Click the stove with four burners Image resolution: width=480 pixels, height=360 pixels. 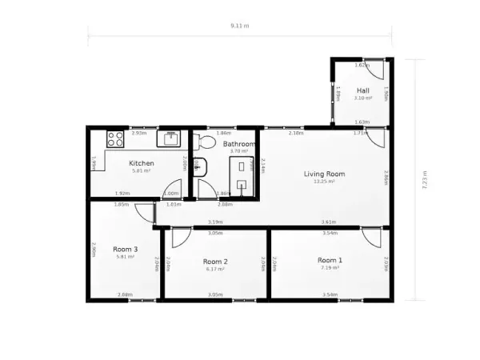coord(115,140)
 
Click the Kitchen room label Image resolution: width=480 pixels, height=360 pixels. coord(142,163)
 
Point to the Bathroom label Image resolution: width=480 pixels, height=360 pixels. coord(238,144)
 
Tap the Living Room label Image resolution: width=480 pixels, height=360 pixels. coord(324,174)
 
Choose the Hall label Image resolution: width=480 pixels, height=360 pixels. coord(363,91)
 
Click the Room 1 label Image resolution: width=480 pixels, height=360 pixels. coord(330,260)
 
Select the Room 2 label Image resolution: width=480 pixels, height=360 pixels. coord(215,262)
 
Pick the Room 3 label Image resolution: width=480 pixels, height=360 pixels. coord(126,249)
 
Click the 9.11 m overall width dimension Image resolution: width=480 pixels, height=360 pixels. coord(239,26)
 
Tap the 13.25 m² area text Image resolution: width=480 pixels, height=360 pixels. coord(324,182)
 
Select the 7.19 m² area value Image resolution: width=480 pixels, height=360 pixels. coord(330,268)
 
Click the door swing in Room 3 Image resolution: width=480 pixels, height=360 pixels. coord(145,213)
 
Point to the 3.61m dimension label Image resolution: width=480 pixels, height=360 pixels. coord(328,222)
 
